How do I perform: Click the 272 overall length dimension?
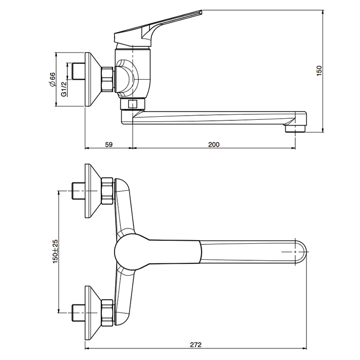pos(195,345)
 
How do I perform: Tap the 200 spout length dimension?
pos(214,145)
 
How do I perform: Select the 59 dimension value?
pos(109,145)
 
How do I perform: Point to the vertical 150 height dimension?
pos(319,71)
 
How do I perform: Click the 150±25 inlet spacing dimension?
pos(56,251)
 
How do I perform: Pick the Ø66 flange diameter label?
pos(52,79)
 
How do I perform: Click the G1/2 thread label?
pos(64,89)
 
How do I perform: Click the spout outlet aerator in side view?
pos(296,129)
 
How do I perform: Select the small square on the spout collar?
pos(133,104)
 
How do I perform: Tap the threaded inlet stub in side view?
pos(79,71)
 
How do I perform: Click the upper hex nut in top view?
pos(107,191)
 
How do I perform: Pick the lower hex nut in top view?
pos(107,313)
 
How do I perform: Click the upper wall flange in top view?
pos(93,191)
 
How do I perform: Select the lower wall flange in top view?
pos(93,313)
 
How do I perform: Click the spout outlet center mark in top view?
pos(295,252)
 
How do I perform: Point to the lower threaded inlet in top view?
pos(79,313)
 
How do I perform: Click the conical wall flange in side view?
pos(93,79)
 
